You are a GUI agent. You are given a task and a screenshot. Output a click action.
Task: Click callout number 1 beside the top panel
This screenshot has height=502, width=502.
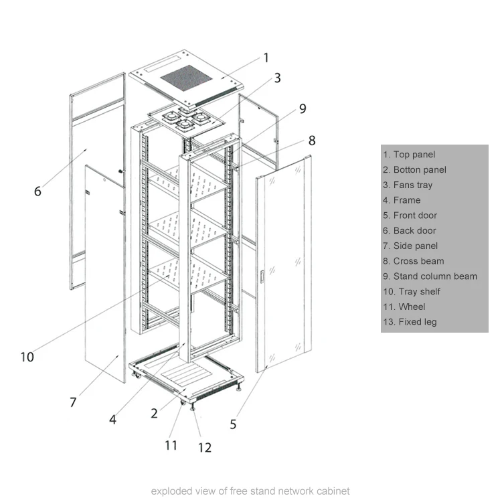(266, 58)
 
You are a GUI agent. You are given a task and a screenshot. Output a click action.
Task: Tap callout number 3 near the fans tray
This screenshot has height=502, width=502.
(276, 78)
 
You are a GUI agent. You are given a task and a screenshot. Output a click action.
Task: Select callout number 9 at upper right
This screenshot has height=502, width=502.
(303, 108)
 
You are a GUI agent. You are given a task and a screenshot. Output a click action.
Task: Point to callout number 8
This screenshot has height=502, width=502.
(311, 141)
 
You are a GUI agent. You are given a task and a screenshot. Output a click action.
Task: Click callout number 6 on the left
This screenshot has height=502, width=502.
(37, 191)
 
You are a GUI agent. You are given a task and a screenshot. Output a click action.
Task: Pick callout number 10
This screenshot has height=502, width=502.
(27, 357)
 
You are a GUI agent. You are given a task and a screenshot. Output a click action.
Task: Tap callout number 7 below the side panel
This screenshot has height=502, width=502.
(73, 402)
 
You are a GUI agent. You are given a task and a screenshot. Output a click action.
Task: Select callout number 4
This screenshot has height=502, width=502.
(113, 420)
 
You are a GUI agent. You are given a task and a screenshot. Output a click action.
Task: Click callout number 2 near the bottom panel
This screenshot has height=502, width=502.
(154, 414)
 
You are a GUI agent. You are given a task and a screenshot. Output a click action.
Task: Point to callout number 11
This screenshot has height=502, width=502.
(171, 444)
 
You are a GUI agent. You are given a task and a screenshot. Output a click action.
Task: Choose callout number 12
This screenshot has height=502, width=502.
(204, 447)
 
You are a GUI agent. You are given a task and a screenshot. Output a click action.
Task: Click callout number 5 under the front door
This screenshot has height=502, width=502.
(233, 424)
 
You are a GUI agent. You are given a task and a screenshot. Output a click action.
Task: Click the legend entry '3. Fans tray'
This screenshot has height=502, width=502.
(408, 185)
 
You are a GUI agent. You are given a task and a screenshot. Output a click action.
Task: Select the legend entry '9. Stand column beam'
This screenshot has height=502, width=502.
(430, 276)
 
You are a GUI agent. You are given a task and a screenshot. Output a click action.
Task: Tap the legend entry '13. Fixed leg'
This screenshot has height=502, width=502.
(408, 322)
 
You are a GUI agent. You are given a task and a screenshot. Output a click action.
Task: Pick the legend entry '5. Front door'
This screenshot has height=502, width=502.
(410, 216)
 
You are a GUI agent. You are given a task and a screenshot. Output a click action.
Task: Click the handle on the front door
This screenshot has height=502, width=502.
(263, 275)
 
